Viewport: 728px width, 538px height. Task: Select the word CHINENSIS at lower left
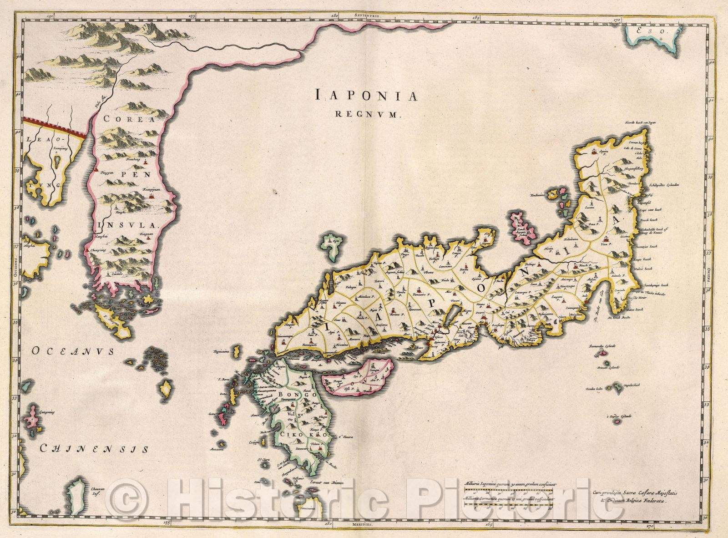point(94,449)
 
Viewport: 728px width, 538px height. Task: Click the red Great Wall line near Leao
point(55,126)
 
